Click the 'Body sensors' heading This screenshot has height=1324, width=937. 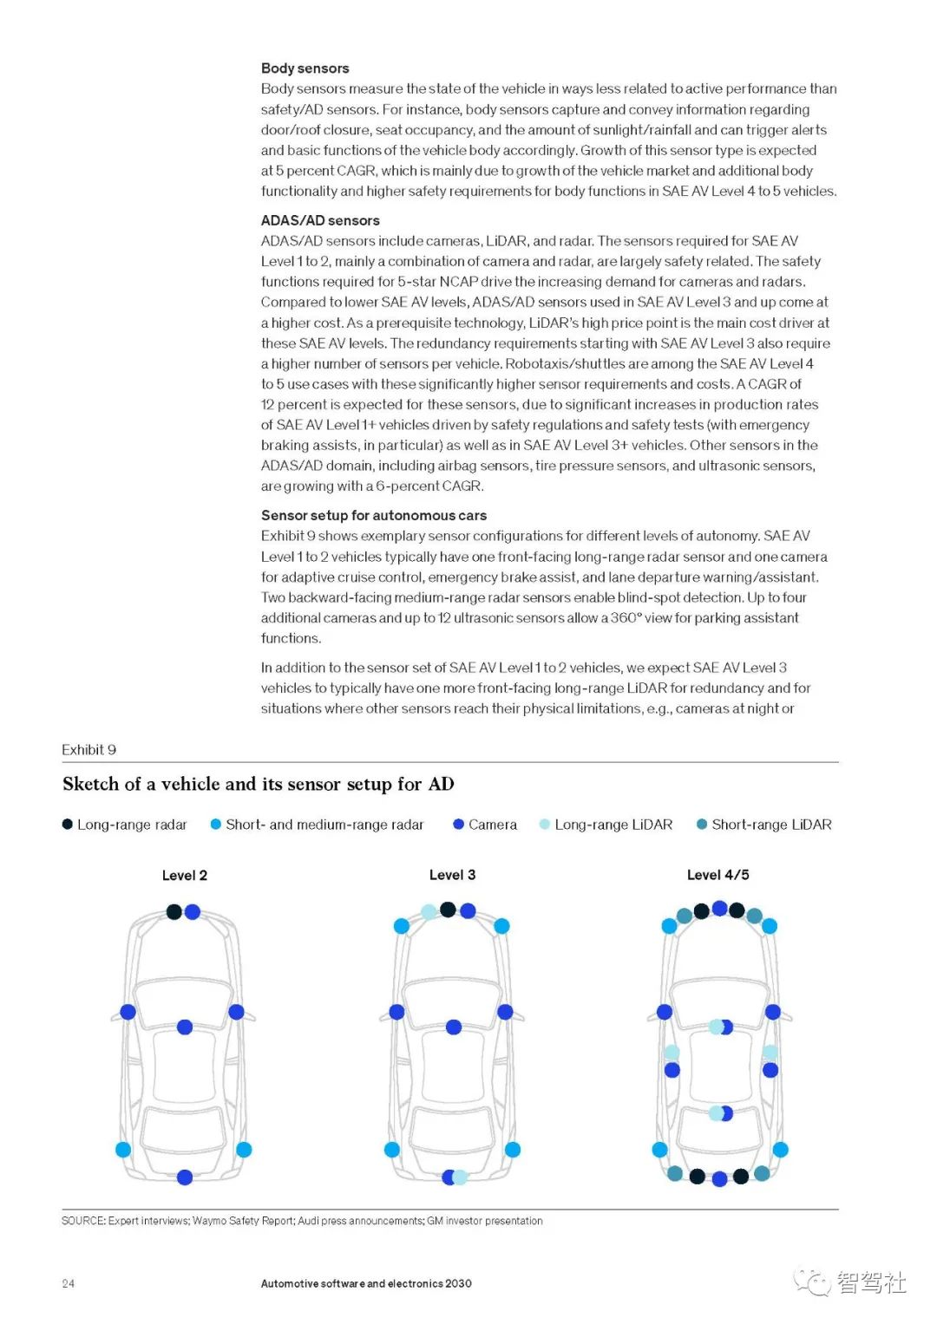(305, 68)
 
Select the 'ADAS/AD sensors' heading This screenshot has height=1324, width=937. (320, 221)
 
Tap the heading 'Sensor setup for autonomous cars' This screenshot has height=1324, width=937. (373, 516)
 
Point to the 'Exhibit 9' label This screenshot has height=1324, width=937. (88, 750)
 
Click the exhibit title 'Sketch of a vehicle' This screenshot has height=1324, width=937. (258, 785)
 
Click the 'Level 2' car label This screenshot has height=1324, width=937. (184, 876)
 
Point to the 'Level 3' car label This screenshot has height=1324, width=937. (452, 876)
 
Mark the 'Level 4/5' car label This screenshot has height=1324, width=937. (717, 876)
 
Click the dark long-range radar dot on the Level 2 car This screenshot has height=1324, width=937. (174, 911)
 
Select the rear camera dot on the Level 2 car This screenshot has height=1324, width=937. (185, 1177)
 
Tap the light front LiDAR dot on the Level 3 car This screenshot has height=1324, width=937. (429, 912)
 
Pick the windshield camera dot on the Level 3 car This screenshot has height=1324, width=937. (454, 1027)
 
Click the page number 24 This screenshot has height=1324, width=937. (68, 1284)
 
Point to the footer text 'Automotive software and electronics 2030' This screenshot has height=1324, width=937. (366, 1284)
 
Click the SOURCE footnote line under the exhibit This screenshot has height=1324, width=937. (302, 1222)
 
